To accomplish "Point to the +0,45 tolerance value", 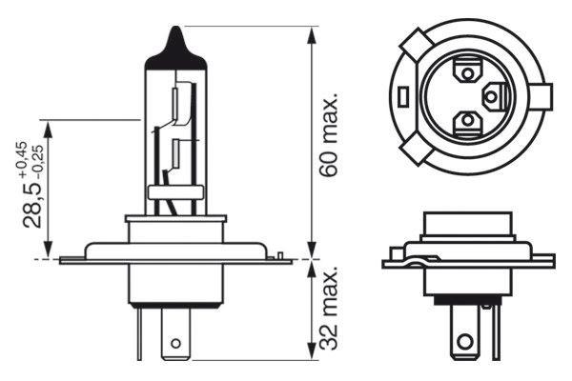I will [21, 159].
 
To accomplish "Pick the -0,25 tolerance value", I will [39, 160].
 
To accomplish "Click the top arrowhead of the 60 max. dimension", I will [312, 33].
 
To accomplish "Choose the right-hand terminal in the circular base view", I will [494, 96].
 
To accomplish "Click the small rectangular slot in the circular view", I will [406, 96].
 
